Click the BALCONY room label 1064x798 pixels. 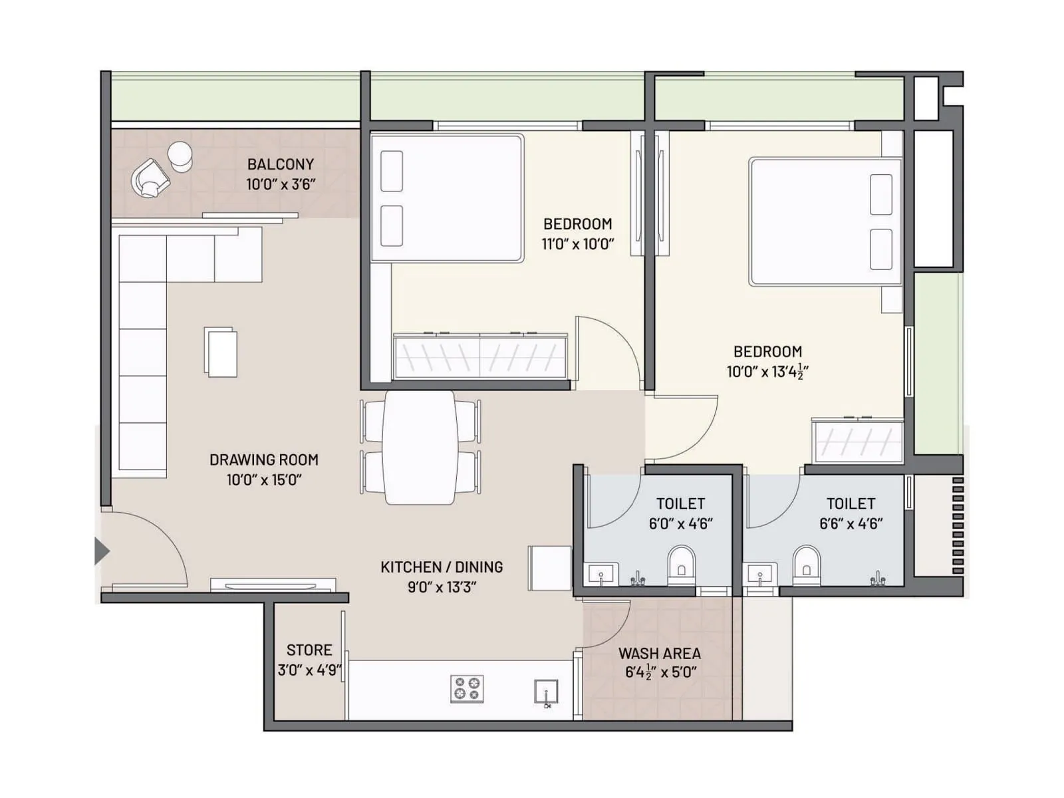[x=280, y=164]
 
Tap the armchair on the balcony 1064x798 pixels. [x=150, y=178]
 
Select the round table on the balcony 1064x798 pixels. [x=180, y=156]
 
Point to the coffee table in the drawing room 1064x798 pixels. [x=221, y=352]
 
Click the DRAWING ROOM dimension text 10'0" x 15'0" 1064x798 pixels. [x=264, y=480]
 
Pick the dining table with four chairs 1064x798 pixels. [x=420, y=447]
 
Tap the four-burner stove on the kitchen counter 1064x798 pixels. [x=467, y=689]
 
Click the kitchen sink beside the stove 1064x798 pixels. [x=546, y=692]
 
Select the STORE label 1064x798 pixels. [x=309, y=650]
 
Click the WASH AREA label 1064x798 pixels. [x=659, y=654]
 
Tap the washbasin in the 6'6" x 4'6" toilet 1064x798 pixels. [x=759, y=573]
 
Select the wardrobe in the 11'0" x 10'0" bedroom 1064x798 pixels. [x=480, y=356]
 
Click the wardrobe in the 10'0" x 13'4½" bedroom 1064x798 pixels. [x=857, y=440]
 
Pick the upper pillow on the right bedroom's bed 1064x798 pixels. [x=881, y=194]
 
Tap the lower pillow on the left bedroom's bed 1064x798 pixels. [x=392, y=225]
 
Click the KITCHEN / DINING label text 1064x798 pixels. [x=442, y=567]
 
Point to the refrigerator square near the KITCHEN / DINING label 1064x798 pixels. [x=549, y=568]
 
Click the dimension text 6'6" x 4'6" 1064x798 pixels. [x=851, y=524]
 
